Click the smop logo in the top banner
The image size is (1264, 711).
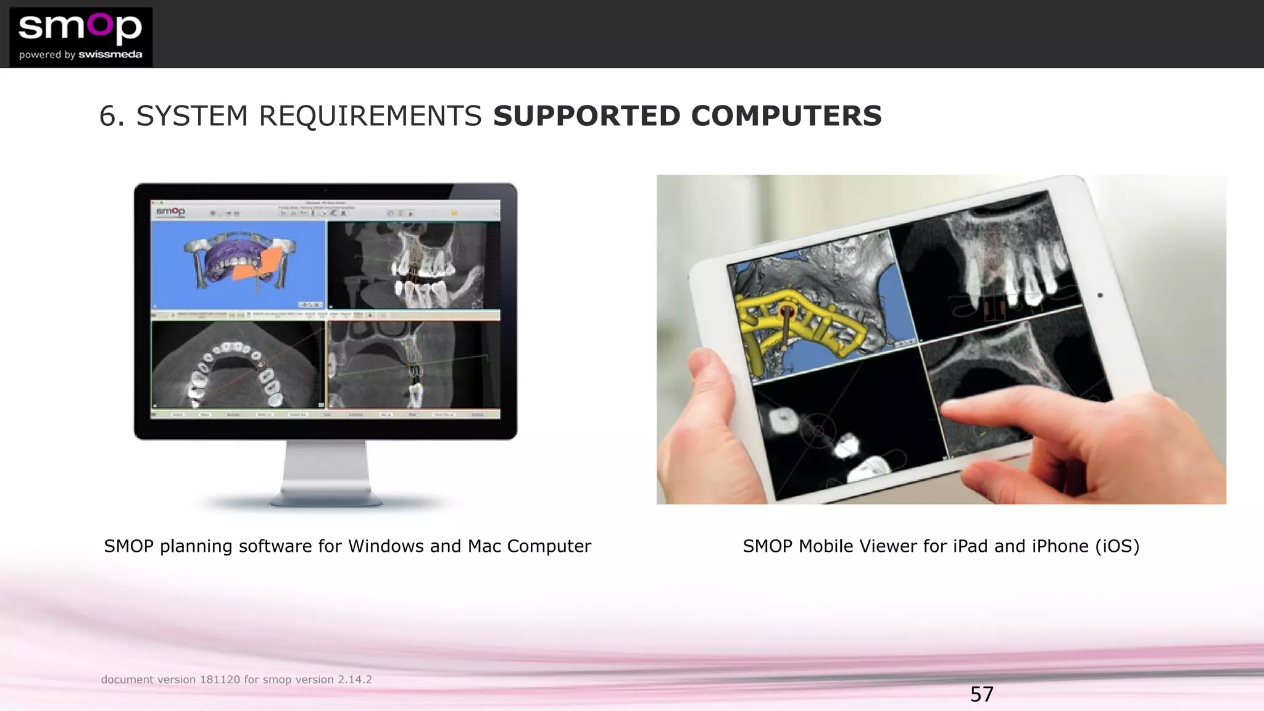(x=80, y=28)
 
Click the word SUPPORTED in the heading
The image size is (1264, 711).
(x=586, y=116)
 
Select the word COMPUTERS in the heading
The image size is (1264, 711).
(x=786, y=116)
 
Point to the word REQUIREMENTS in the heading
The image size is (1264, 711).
(x=370, y=116)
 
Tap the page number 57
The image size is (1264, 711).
(x=981, y=694)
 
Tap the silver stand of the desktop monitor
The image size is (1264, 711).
(x=325, y=472)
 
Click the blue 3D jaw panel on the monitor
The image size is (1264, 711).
(x=238, y=265)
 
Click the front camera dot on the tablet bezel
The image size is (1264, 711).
(x=1100, y=296)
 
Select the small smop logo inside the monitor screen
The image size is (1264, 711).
(x=170, y=212)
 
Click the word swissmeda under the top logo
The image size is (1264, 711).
(x=110, y=55)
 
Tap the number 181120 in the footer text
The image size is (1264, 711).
(x=219, y=680)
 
